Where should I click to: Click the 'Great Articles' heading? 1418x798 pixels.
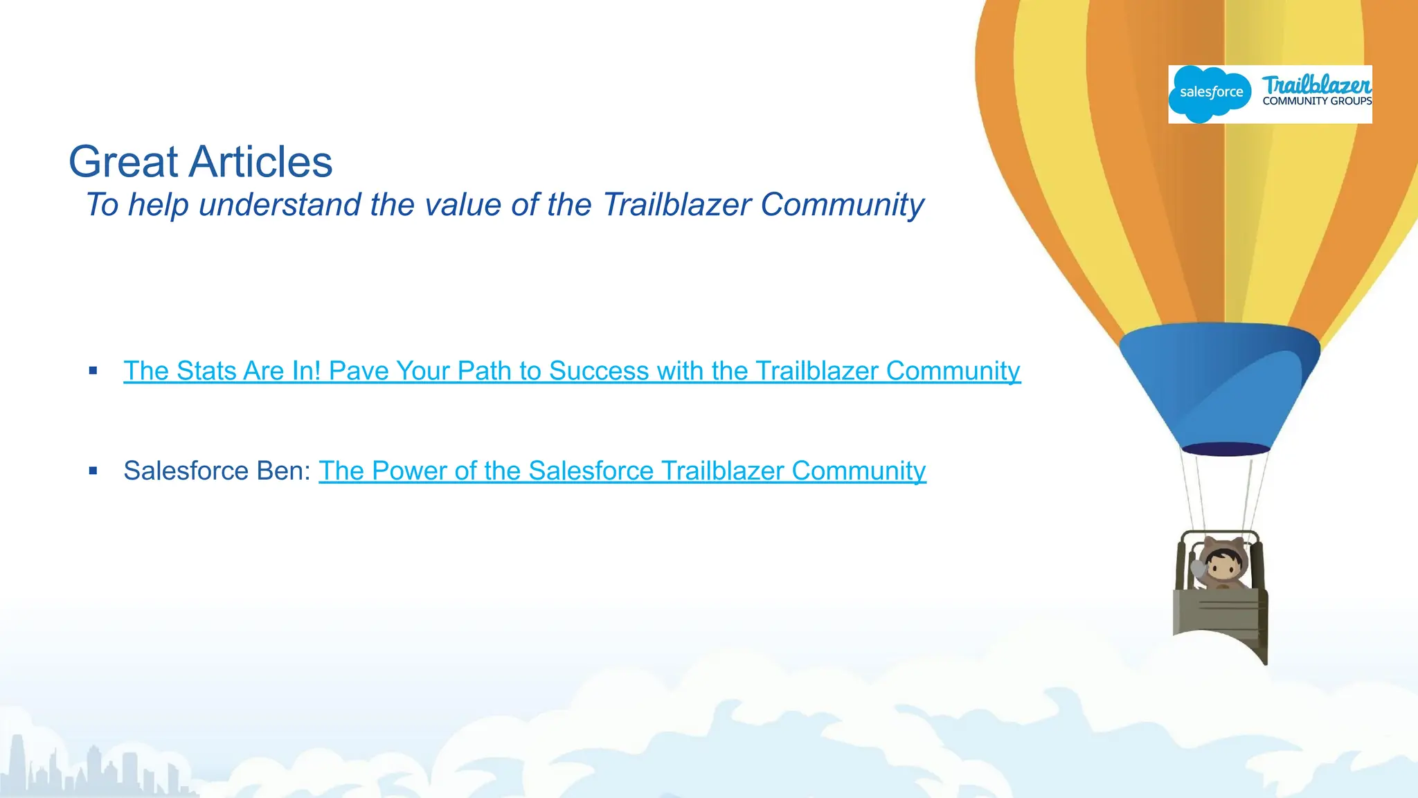click(x=200, y=162)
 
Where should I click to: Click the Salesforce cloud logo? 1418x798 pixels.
click(x=1210, y=93)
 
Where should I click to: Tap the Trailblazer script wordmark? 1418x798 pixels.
click(x=1316, y=85)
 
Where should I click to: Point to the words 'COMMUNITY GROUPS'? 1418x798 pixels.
click(x=1317, y=101)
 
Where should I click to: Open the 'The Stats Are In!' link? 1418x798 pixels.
click(x=571, y=371)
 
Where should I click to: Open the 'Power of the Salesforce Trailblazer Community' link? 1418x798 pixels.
click(x=622, y=471)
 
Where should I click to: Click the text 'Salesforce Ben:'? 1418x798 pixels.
click(x=217, y=471)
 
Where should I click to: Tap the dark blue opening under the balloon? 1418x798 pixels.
click(x=1225, y=448)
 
